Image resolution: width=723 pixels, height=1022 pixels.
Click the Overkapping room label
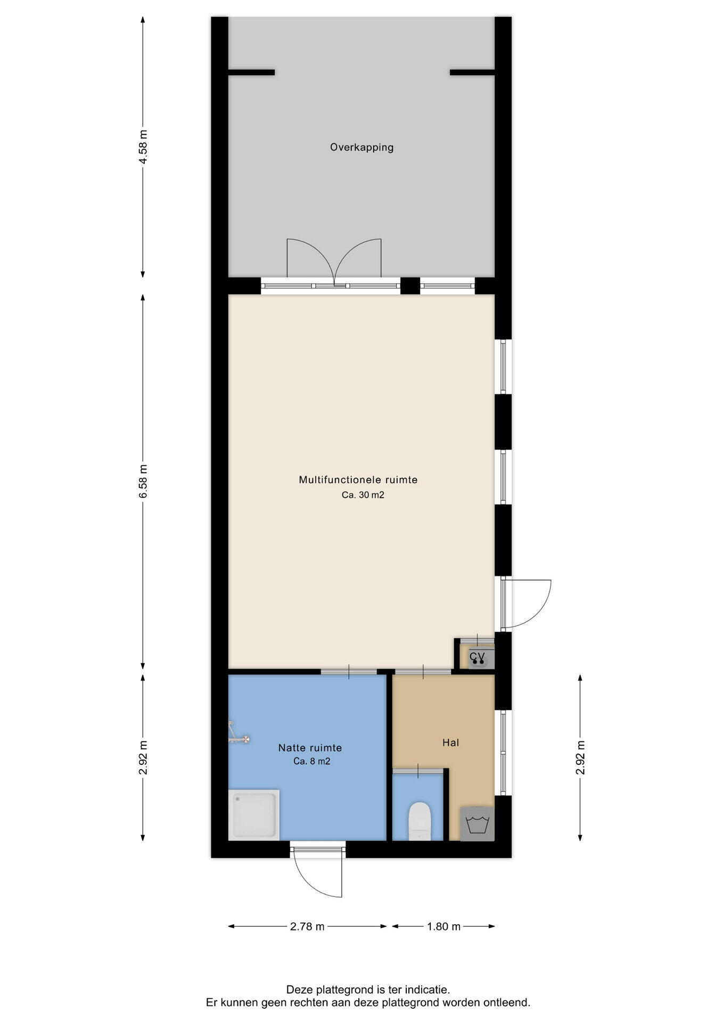click(x=361, y=147)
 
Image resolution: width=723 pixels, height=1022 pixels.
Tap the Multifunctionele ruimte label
click(x=358, y=480)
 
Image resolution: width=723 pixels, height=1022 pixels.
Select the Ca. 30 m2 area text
click(x=363, y=495)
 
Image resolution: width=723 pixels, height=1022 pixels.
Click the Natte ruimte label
click(x=310, y=748)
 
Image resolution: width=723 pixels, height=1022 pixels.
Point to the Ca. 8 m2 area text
click(x=311, y=762)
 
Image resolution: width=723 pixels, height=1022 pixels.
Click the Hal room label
click(x=450, y=743)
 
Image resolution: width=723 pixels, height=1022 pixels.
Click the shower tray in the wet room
click(x=254, y=815)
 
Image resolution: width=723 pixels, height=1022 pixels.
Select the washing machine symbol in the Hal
click(x=478, y=824)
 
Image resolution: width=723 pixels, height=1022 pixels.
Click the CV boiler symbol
click(x=478, y=658)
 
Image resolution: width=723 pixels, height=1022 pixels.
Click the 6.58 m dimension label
click(x=143, y=481)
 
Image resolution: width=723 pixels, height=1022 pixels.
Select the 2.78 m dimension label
click(x=307, y=926)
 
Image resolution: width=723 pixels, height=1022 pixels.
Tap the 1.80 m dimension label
click(x=443, y=926)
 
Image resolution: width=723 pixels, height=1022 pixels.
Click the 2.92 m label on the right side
click(x=580, y=757)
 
